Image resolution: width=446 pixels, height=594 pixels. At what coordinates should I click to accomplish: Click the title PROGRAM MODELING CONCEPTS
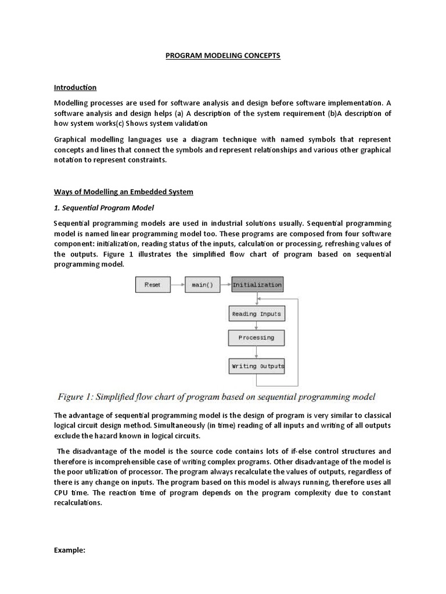[x=223, y=56]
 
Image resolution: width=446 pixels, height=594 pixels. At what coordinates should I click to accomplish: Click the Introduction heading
[x=75, y=88]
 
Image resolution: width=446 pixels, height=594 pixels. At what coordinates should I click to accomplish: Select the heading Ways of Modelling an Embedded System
[x=123, y=192]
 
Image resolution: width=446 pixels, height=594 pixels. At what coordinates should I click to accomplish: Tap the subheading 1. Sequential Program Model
[x=103, y=208]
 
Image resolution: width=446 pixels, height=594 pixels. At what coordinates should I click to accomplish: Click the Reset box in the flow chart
[x=152, y=285]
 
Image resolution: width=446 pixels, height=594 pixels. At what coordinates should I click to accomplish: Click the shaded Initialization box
[x=257, y=285]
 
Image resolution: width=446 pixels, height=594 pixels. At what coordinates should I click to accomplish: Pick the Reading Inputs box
[x=256, y=314]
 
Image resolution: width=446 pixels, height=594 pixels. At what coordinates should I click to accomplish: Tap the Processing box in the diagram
[x=256, y=338]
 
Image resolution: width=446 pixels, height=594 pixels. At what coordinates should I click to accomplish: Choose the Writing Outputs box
[x=257, y=366]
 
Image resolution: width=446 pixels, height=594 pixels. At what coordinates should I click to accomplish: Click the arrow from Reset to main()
[x=177, y=285]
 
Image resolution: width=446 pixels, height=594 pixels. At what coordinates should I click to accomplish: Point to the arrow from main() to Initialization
[x=226, y=285]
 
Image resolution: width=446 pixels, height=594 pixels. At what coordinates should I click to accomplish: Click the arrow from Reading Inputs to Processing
[x=257, y=326]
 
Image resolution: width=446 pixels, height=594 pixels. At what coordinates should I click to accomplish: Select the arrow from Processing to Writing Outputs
[x=257, y=352]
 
